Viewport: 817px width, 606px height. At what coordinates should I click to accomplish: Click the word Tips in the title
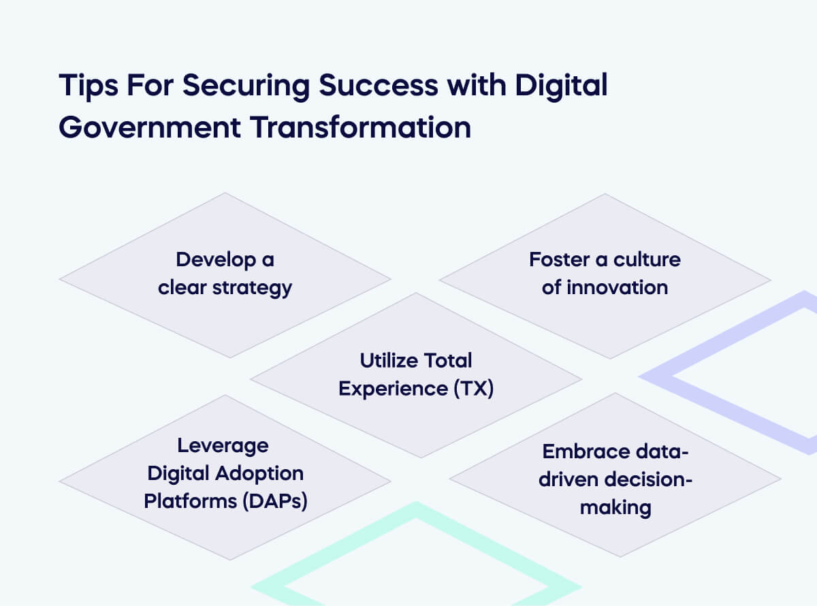point(86,86)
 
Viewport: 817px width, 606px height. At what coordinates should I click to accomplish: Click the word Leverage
point(223,445)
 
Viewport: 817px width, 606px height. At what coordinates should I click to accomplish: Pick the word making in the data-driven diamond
point(615,507)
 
